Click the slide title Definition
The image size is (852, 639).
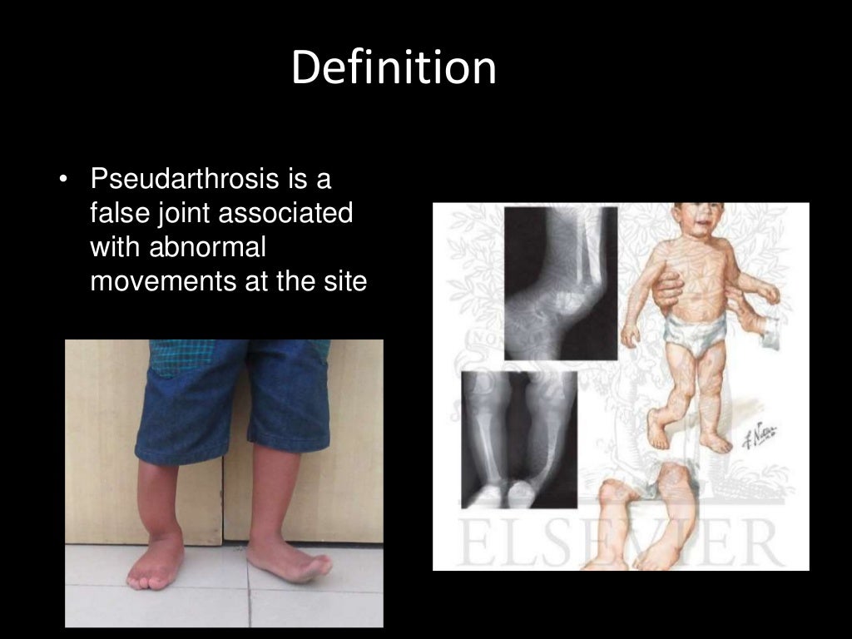coord(394,68)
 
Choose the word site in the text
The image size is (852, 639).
coord(344,281)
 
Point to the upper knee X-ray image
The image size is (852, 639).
coord(560,283)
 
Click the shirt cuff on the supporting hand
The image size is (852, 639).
coord(770,333)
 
